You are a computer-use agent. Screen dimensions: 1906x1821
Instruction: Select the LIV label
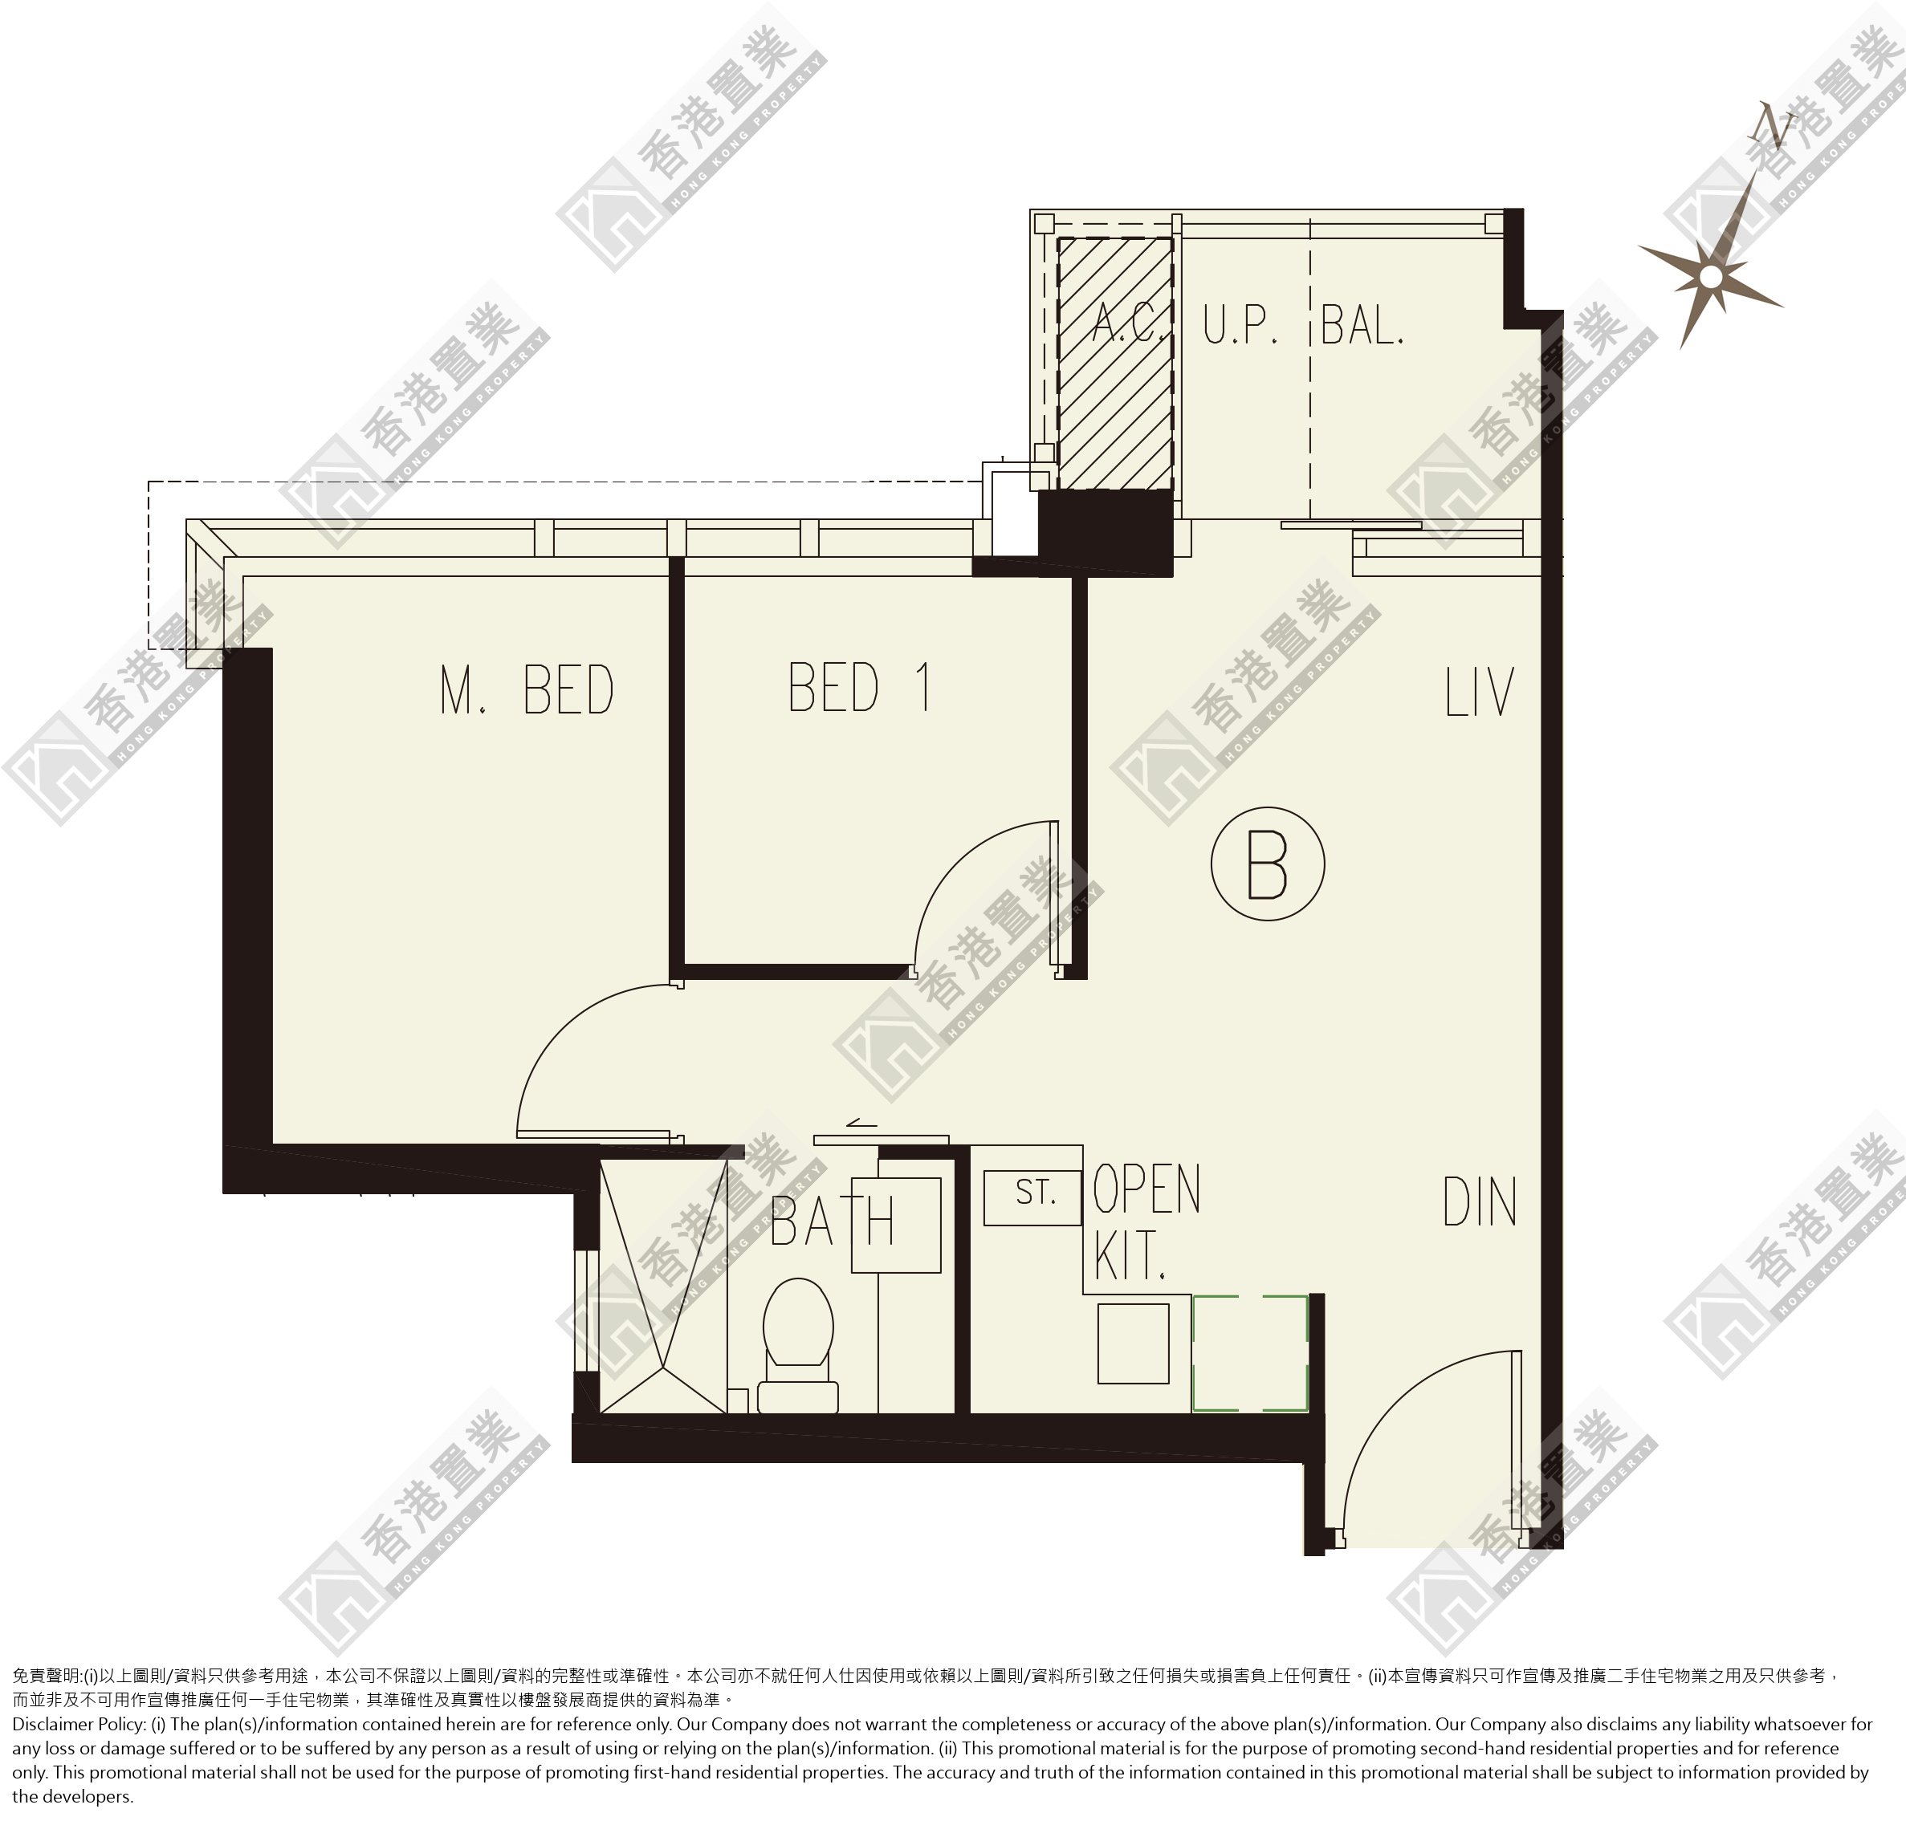[1479, 691]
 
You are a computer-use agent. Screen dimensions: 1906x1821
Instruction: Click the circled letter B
[1267, 863]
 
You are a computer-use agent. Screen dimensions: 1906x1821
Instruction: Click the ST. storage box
[1032, 1197]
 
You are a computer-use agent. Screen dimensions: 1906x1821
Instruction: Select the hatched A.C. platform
[1114, 363]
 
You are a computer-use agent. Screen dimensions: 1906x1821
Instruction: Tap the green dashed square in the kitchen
[1249, 1352]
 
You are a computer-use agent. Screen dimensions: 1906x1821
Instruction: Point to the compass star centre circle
[1711, 278]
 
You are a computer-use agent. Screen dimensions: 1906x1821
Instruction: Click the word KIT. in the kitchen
[1130, 1255]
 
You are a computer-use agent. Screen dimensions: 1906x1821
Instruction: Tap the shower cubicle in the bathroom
[663, 1285]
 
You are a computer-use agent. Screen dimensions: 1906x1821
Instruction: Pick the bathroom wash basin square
[896, 1225]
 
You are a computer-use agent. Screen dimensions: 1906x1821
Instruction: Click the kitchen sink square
[1133, 1343]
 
